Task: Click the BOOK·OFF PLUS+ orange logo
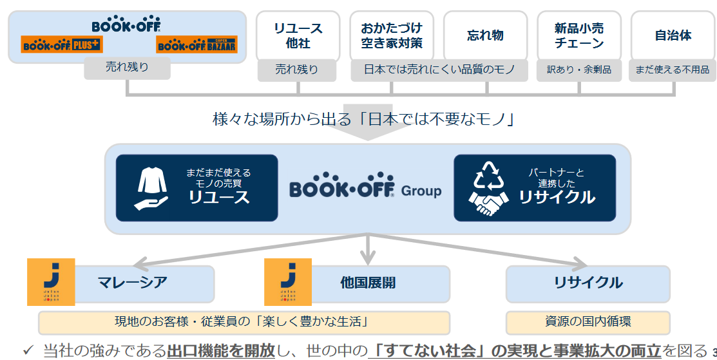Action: [x=62, y=44]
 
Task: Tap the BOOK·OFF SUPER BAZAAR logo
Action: [x=196, y=44]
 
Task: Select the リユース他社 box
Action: [x=298, y=35]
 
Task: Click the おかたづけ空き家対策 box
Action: [x=392, y=35]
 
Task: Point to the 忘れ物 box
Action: [x=485, y=35]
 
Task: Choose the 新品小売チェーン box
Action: [x=579, y=35]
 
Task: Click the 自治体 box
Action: [x=673, y=35]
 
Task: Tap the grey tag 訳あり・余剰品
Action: [x=579, y=70]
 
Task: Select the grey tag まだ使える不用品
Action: [x=673, y=70]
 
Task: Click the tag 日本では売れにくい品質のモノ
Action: [x=439, y=70]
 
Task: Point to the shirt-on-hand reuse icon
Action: [x=152, y=187]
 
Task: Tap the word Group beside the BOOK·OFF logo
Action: [x=421, y=191]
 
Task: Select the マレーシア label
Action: [x=133, y=283]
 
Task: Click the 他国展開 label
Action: [x=368, y=283]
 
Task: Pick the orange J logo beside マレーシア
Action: [x=51, y=281]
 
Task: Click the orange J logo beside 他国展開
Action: [x=288, y=281]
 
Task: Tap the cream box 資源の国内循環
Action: [x=588, y=322]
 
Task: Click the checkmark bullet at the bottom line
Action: [x=28, y=350]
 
